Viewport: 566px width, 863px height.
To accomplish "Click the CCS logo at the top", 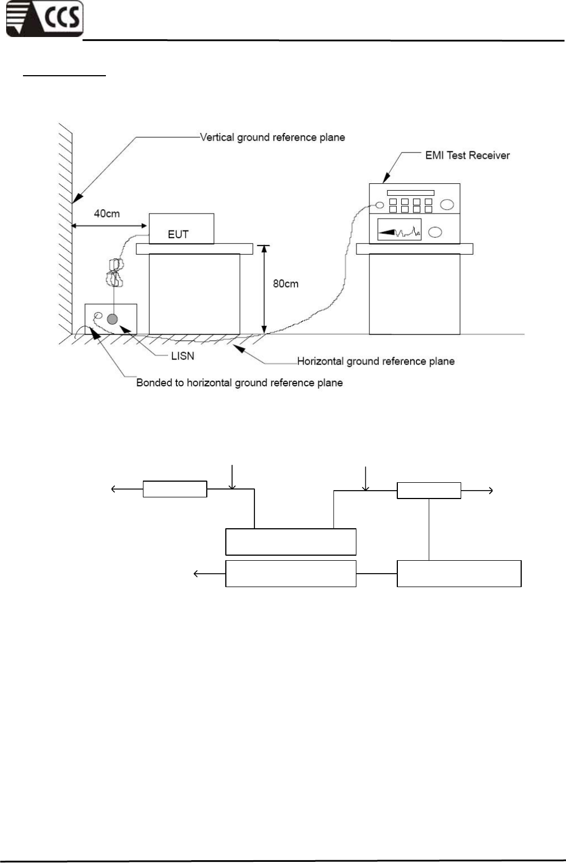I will (45, 19).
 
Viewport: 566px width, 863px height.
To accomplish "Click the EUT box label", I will (178, 234).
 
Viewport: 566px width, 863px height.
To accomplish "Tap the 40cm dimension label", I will (106, 213).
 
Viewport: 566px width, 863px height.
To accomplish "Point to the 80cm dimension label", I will (286, 284).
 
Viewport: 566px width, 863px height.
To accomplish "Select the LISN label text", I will (182, 356).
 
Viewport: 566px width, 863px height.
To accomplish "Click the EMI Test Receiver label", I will (467, 155).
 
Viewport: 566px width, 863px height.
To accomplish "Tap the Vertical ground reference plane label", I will (272, 137).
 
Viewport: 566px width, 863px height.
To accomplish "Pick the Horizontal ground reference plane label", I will (375, 361).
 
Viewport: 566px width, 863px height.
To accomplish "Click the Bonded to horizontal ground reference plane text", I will (239, 382).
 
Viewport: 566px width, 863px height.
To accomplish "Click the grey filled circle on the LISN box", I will (113, 319).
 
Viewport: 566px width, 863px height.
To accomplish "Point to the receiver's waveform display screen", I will (400, 230).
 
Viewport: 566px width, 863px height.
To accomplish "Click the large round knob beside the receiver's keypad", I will (447, 205).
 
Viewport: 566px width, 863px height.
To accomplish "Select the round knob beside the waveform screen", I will (435, 232).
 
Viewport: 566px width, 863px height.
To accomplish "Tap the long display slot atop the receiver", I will (410, 192).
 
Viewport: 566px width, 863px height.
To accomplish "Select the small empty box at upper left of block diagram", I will (175, 489).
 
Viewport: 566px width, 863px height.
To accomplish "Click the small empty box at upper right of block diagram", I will (429, 490).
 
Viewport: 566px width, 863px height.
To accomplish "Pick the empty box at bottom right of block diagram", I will (459, 573).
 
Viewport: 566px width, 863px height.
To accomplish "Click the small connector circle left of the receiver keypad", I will (380, 206).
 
